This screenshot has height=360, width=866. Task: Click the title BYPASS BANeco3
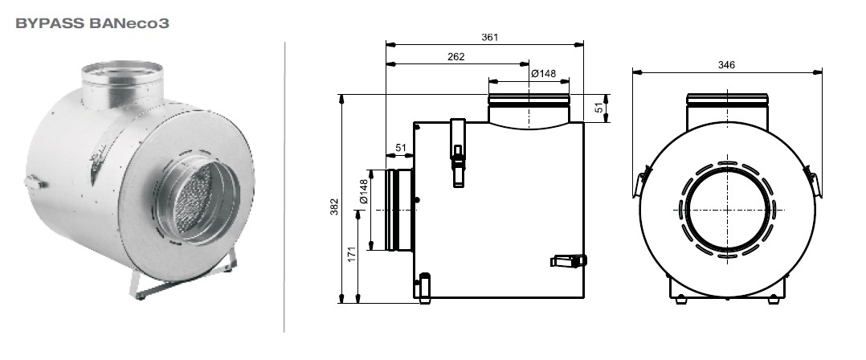click(x=92, y=23)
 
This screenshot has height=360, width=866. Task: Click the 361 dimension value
click(x=489, y=38)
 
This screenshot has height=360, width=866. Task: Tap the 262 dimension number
click(x=456, y=56)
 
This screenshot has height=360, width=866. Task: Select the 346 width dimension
click(x=726, y=64)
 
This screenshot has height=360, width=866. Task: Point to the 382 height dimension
click(x=334, y=207)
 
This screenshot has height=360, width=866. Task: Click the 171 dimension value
click(x=352, y=254)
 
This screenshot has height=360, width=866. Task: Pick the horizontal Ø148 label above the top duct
click(x=543, y=73)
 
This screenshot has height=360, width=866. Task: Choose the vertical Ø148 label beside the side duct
click(x=363, y=191)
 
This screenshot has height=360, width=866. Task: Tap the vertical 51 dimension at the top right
click(x=599, y=108)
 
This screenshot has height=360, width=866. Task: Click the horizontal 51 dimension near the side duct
click(x=401, y=148)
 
